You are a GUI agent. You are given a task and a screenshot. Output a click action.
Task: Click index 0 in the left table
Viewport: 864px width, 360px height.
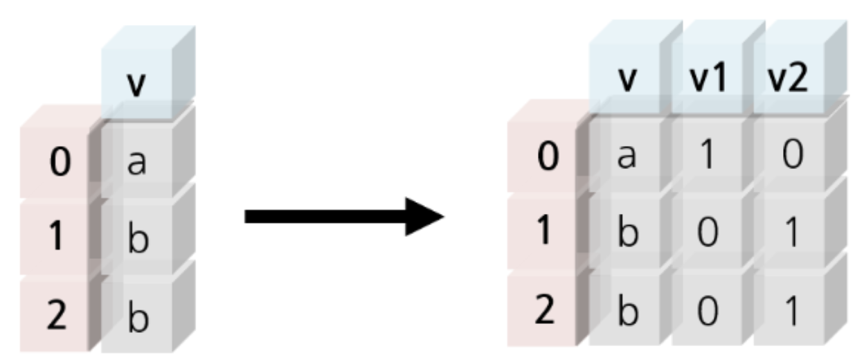60,165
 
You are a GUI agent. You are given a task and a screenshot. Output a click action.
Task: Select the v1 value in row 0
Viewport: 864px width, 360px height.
708,156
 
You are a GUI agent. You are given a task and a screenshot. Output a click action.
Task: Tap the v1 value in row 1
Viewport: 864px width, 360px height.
708,234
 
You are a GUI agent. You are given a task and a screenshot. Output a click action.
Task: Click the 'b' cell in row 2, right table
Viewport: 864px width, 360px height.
627,312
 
